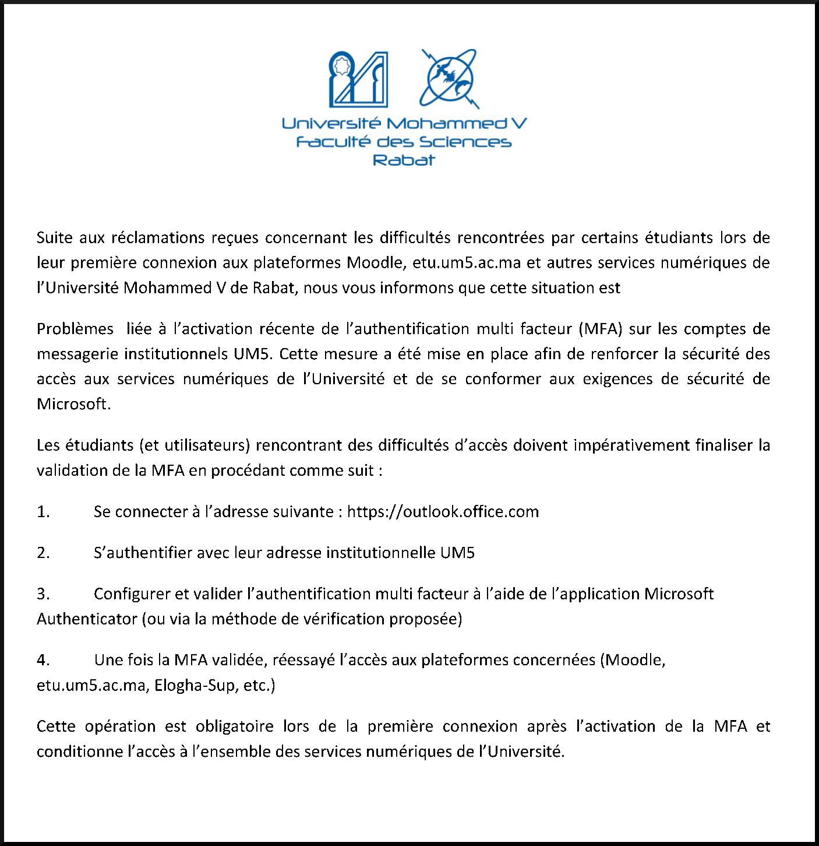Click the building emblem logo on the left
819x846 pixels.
click(x=358, y=79)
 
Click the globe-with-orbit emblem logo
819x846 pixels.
click(x=449, y=78)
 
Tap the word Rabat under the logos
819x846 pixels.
click(x=404, y=160)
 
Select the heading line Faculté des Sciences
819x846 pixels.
click(x=404, y=142)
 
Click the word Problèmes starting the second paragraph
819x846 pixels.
click(x=75, y=329)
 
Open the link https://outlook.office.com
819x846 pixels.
click(x=443, y=512)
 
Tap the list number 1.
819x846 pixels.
click(x=43, y=512)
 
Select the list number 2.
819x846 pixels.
click(x=43, y=553)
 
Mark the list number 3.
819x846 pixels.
click(x=43, y=594)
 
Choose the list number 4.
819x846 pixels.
click(x=43, y=660)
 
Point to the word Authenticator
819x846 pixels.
click(x=87, y=619)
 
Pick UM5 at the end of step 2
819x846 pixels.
click(x=457, y=553)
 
